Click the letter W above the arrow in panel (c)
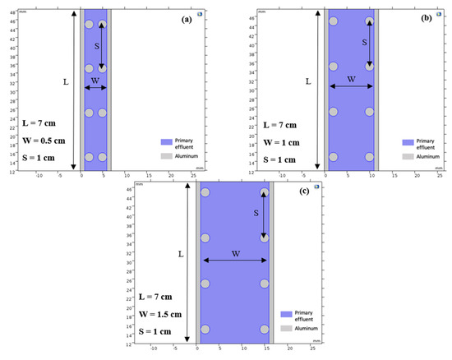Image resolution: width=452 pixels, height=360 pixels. pyautogui.click(x=233, y=253)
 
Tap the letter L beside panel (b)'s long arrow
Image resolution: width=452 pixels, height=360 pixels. pyautogui.click(x=308, y=81)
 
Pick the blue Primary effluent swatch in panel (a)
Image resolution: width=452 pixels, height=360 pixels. pyautogui.click(x=167, y=141)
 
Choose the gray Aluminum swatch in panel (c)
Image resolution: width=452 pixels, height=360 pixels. pyautogui.click(x=286, y=327)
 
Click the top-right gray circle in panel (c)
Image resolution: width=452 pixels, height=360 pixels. pyautogui.click(x=265, y=193)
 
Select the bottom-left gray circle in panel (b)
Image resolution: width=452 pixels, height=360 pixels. pyautogui.click(x=334, y=156)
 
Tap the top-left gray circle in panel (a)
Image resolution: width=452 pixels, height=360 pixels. pyautogui.click(x=90, y=25)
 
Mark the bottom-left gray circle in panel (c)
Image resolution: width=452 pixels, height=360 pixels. pyautogui.click(x=205, y=329)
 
